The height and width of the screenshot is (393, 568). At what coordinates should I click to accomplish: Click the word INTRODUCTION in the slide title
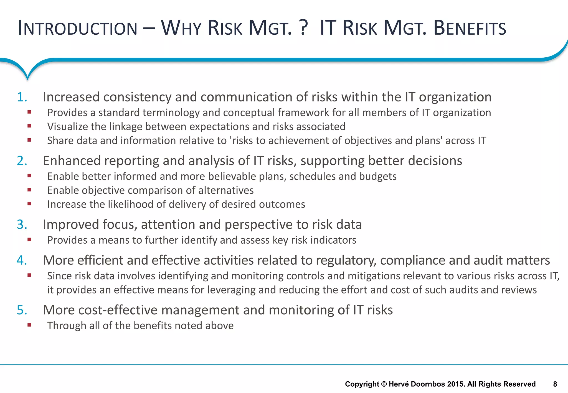(x=77, y=28)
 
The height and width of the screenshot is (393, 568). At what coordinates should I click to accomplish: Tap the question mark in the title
(x=304, y=28)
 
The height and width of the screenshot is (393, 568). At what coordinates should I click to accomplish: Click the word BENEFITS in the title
(x=470, y=28)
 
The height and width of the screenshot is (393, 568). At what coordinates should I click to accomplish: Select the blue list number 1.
(x=22, y=97)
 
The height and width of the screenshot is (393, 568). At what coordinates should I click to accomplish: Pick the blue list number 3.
(x=22, y=224)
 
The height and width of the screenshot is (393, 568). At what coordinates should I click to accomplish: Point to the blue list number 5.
(x=22, y=310)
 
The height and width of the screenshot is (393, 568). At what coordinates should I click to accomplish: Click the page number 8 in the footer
(x=555, y=384)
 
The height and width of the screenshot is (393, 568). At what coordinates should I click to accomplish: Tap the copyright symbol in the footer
(x=384, y=384)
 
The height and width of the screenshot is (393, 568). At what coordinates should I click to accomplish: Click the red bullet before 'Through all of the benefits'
(x=29, y=325)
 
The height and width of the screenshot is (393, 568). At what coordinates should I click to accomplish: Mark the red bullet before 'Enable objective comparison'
(x=29, y=190)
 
